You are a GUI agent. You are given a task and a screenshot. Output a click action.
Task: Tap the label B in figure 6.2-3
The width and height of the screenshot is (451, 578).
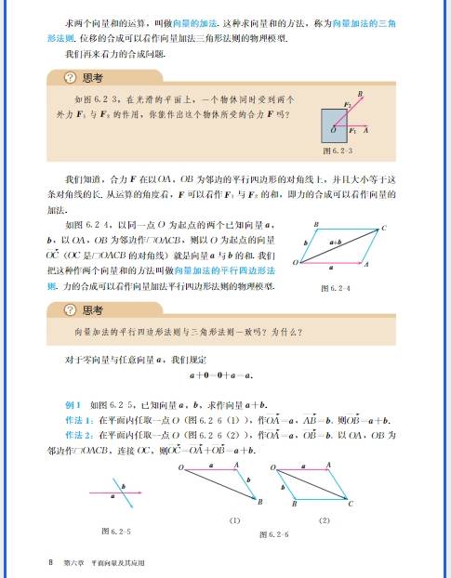point(349,91)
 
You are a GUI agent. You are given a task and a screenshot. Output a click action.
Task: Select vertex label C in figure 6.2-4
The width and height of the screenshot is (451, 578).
point(384,228)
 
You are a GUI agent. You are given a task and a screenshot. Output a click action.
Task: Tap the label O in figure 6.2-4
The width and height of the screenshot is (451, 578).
point(295,263)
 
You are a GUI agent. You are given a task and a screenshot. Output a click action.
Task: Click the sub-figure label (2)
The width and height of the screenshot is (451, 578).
point(324,520)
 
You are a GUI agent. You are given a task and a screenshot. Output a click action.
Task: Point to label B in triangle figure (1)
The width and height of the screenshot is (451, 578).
point(259,503)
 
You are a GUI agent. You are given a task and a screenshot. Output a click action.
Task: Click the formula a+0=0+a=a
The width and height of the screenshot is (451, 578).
point(226,375)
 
